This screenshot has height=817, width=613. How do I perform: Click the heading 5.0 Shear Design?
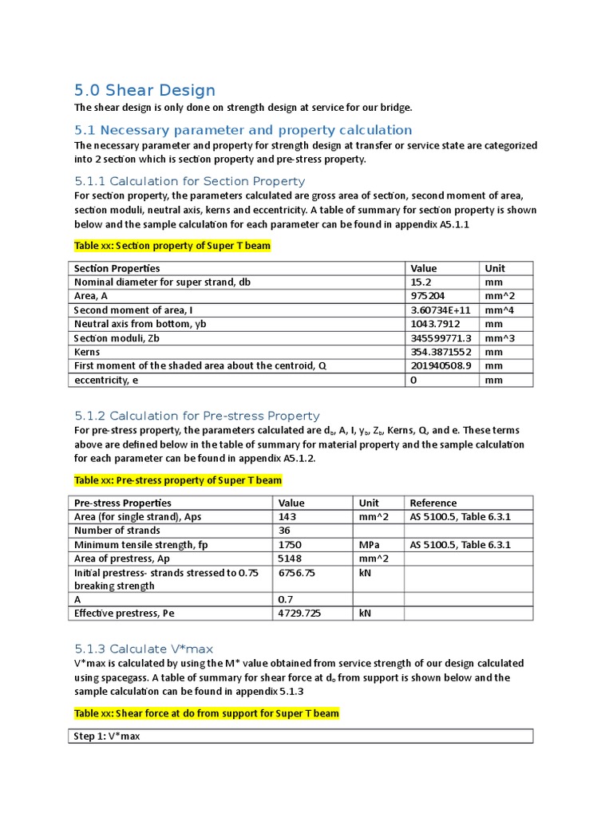pyautogui.click(x=144, y=90)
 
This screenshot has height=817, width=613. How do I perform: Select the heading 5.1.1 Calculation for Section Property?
pyautogui.click(x=189, y=181)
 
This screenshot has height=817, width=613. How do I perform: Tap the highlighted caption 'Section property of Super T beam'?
pyautogui.click(x=172, y=246)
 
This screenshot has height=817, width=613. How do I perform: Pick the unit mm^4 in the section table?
pyautogui.click(x=499, y=310)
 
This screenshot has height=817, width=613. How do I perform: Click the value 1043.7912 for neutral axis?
pyautogui.click(x=437, y=324)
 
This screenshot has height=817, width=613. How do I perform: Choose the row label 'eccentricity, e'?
pyautogui.click(x=106, y=381)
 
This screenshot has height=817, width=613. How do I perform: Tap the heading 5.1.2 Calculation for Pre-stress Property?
pyautogui.click(x=196, y=416)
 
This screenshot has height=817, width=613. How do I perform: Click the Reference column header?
pyautogui.click(x=433, y=503)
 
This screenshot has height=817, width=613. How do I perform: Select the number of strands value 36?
pyautogui.click(x=283, y=531)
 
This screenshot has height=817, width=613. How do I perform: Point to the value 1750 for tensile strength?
pyautogui.click(x=289, y=545)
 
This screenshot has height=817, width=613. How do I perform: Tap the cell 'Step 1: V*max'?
pyautogui.click(x=106, y=736)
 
